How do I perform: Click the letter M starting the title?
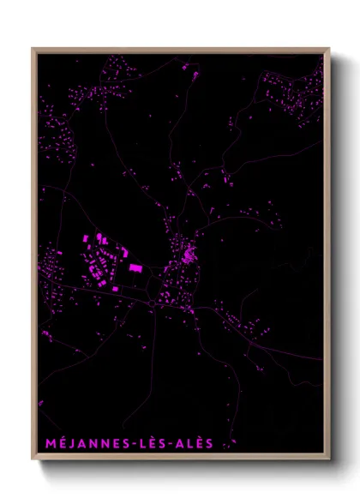(x=45, y=443)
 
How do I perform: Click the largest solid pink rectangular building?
(x=135, y=270)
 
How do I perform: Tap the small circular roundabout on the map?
(x=152, y=303)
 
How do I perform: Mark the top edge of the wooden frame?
(x=181, y=50)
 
